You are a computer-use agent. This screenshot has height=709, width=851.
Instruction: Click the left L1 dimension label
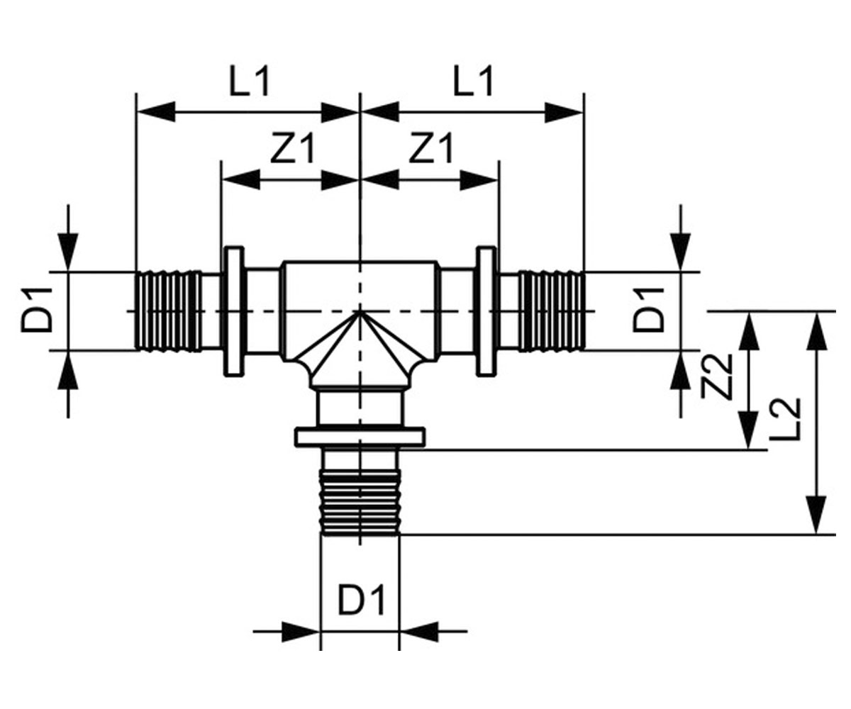click(249, 81)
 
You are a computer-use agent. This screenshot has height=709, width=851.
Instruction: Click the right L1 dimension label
click(473, 81)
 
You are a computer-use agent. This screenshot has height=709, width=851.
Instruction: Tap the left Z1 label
click(293, 147)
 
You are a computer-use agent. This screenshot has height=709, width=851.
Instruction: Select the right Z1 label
click(431, 147)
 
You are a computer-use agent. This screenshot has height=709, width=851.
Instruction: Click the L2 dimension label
click(784, 419)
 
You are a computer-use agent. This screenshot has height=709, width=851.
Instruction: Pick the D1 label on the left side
click(37, 309)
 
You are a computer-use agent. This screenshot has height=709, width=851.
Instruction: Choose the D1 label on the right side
click(648, 309)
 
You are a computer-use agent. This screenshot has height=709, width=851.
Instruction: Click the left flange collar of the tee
click(234, 311)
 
